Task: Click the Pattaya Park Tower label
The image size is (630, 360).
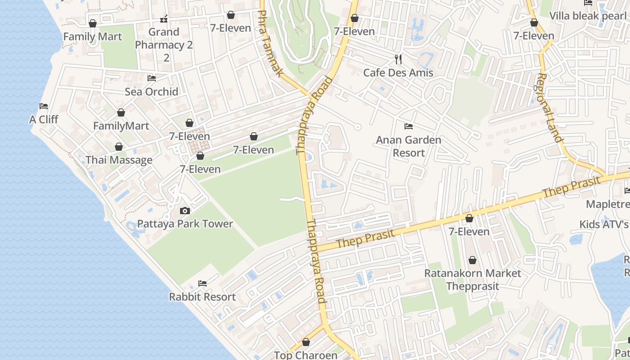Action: point(185,224)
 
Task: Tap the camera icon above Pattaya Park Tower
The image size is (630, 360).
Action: point(184,211)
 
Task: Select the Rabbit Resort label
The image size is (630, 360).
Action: point(202,297)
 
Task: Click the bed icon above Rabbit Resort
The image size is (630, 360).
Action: point(202,283)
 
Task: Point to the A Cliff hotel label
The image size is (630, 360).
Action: point(44,119)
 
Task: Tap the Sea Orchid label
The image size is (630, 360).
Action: point(152,91)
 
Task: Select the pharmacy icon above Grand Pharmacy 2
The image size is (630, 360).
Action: point(164,19)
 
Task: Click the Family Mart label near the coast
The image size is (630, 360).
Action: point(93,36)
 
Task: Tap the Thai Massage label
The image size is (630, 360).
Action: point(119,160)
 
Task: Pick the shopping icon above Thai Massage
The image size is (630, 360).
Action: point(119,147)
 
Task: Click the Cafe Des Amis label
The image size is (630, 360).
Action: point(398,72)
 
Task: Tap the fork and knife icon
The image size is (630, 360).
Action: point(398,59)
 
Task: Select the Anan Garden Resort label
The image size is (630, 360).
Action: point(409,146)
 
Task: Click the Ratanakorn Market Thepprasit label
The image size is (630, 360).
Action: point(472,279)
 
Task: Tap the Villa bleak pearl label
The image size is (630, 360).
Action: point(588,16)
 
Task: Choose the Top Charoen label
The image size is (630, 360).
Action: point(306,355)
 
